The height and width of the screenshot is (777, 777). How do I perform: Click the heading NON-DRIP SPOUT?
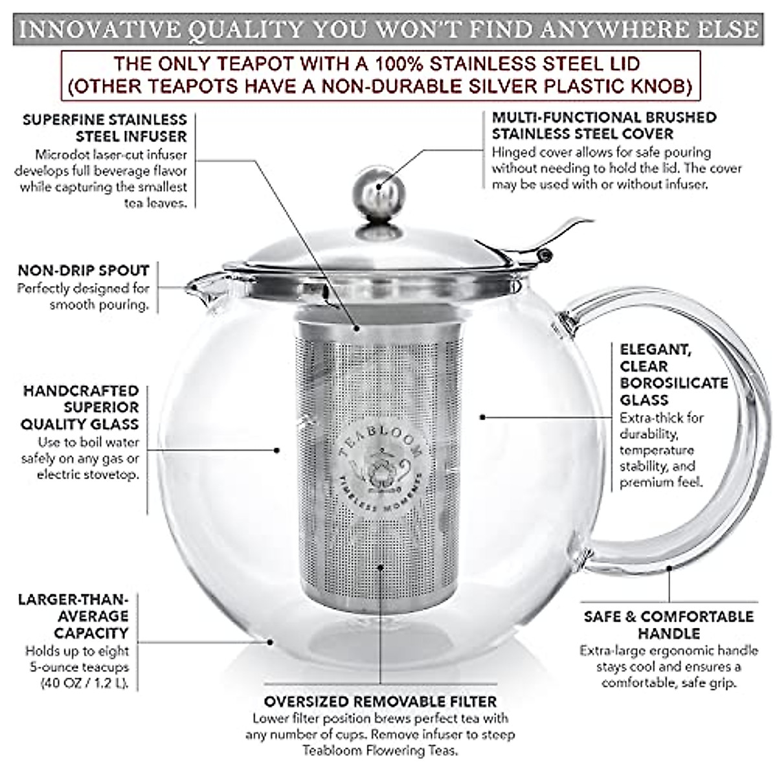click(x=84, y=271)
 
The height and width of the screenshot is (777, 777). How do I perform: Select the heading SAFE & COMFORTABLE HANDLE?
click(x=669, y=624)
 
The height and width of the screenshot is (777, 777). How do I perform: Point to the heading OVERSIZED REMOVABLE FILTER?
click(x=380, y=701)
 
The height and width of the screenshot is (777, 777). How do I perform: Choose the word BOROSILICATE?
click(x=673, y=383)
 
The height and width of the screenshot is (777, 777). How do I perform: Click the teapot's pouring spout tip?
click(x=192, y=285)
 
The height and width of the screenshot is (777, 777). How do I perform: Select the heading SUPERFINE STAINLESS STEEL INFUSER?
click(x=104, y=128)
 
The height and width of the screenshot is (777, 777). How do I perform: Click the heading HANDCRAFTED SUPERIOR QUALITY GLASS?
click(x=81, y=407)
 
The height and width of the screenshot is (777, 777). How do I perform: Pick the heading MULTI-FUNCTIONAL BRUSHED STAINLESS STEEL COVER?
click(x=603, y=126)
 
